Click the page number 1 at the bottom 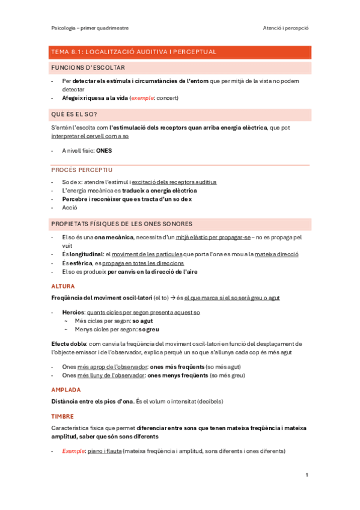(307, 475)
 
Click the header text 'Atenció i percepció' (285, 28)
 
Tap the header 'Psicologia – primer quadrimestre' (90, 28)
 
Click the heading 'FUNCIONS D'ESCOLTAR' (88, 68)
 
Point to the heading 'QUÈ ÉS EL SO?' (75, 114)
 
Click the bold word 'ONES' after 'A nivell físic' (104, 151)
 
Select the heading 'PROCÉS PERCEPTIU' (82, 170)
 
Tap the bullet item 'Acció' (70, 207)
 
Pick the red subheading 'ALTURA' (63, 286)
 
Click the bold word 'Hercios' (73, 313)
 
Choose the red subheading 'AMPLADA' (66, 390)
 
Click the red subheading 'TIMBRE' (63, 416)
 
